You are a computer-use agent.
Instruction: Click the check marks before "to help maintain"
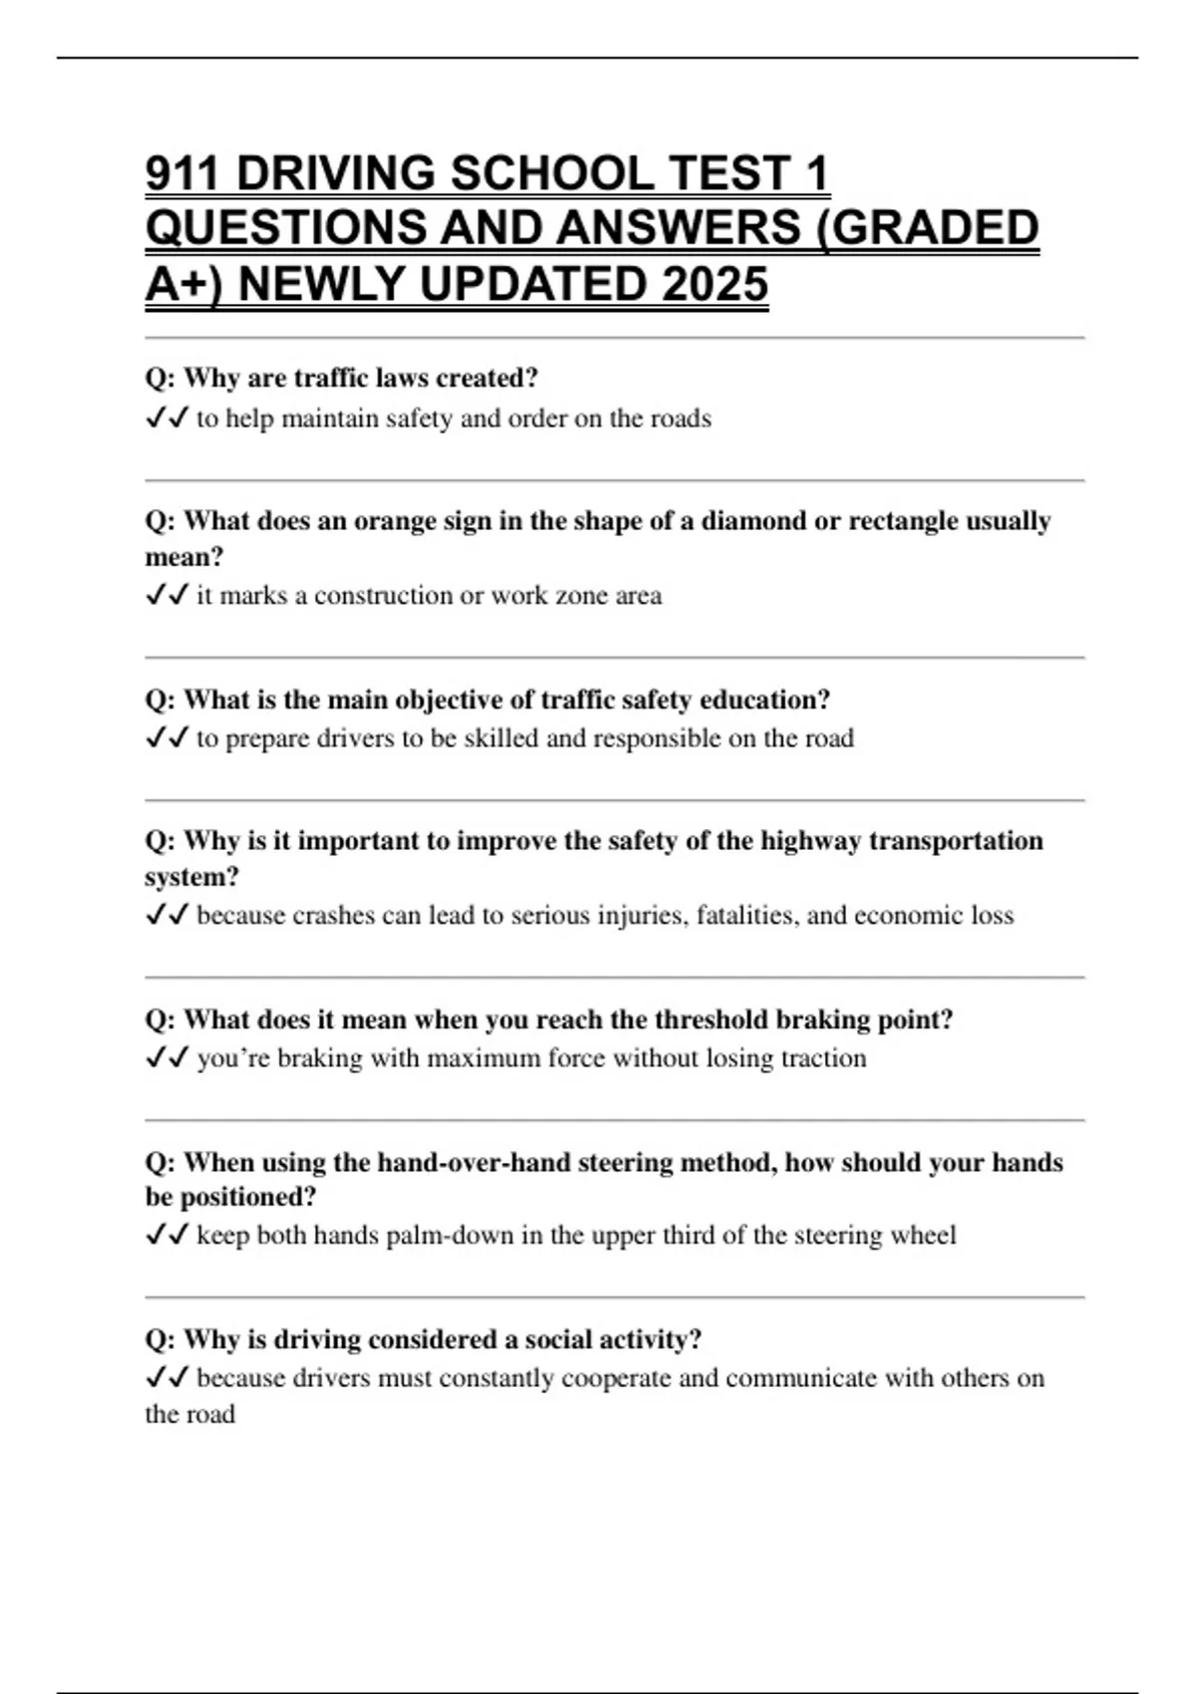click(166, 419)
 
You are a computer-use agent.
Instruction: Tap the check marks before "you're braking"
click(166, 1058)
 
